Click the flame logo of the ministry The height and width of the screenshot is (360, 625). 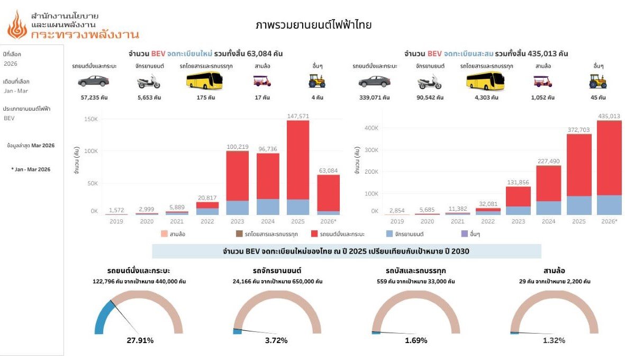(x=17, y=25)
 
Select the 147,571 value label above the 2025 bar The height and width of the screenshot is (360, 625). (x=298, y=116)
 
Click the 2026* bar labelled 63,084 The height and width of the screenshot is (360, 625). (x=329, y=193)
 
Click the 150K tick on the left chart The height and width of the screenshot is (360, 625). (x=91, y=119)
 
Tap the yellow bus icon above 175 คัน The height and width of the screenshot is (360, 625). (x=204, y=80)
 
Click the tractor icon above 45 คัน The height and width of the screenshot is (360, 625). (x=597, y=81)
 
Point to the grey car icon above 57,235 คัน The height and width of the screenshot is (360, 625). (x=94, y=81)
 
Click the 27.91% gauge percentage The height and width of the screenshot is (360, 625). (x=140, y=340)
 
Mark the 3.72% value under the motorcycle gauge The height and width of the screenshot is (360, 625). (x=276, y=340)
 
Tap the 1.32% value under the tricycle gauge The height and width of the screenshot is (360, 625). (x=554, y=340)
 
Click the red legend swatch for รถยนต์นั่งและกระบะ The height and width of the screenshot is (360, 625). (x=314, y=233)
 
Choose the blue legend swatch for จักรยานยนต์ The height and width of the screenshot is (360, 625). (x=389, y=233)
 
